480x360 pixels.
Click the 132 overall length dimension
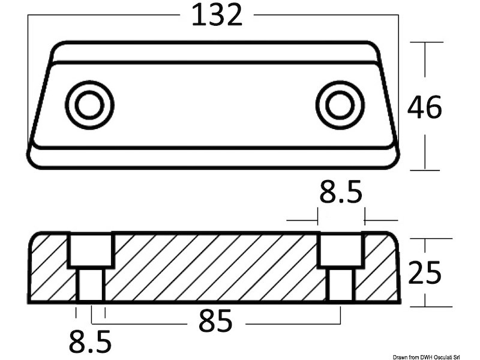[217, 15]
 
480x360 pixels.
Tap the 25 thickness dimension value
[424, 273]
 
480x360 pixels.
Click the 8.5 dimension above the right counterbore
[340, 194]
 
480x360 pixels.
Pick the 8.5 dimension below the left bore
[89, 343]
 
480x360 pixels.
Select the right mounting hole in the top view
[340, 106]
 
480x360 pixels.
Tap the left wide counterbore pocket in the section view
[91, 250]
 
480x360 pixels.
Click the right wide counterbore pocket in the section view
[340, 250]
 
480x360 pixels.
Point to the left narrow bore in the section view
[91, 284]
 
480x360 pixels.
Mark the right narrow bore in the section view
[341, 284]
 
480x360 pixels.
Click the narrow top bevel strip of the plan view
[214, 53]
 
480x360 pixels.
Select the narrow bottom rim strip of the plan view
[214, 157]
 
